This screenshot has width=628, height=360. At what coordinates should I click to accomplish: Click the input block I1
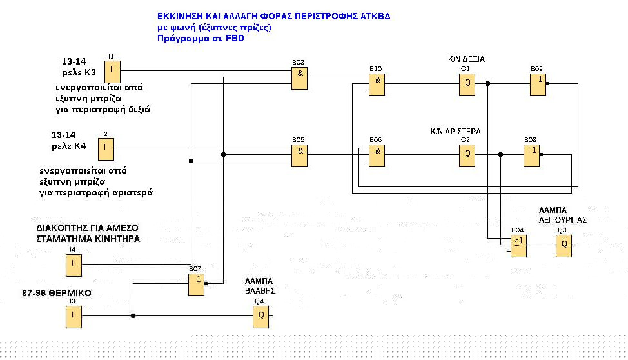pyautogui.click(x=113, y=70)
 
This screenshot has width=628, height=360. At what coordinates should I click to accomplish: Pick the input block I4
pyautogui.click(x=73, y=264)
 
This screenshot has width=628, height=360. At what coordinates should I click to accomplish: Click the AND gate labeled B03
pyautogui.click(x=299, y=79)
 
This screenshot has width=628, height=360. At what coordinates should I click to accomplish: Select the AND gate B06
pyautogui.click(x=377, y=155)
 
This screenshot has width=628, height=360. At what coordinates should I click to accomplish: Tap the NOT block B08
pyautogui.click(x=531, y=155)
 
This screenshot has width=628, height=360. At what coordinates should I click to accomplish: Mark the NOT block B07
pyautogui.click(x=197, y=285)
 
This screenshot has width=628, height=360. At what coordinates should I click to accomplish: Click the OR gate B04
pyautogui.click(x=519, y=246)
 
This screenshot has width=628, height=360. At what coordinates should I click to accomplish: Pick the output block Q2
pyautogui.click(x=467, y=155)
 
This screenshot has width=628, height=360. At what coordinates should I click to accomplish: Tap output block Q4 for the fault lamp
pyautogui.click(x=260, y=315)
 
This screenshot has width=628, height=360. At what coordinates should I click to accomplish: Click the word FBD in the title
pyautogui.click(x=235, y=39)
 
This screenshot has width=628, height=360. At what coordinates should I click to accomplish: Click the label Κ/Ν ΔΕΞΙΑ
pyautogui.click(x=466, y=59)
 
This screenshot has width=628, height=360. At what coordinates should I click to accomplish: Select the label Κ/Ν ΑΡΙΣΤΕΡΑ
pyautogui.click(x=456, y=131)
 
